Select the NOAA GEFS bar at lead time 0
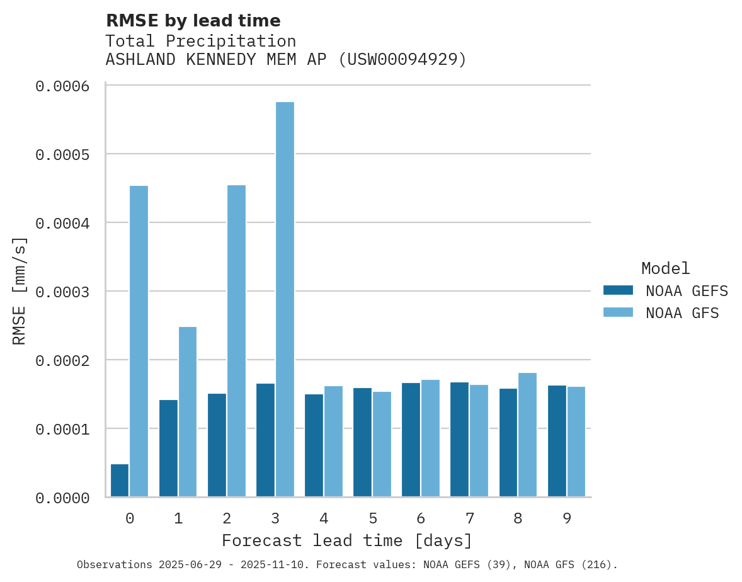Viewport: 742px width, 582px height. click(x=120, y=481)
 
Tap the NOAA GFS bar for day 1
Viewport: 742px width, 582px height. click(x=188, y=412)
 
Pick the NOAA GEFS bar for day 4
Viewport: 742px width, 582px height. click(x=314, y=445)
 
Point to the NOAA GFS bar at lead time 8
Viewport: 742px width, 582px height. click(x=528, y=435)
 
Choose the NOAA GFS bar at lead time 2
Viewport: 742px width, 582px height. click(x=236, y=341)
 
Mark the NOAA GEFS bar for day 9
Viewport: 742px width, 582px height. click(x=557, y=441)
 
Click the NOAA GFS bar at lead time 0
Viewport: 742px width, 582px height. click(x=139, y=341)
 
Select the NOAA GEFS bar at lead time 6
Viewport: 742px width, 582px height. click(x=411, y=440)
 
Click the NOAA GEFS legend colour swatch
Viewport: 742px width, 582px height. click(x=618, y=290)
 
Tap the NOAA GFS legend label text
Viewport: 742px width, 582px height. click(x=682, y=313)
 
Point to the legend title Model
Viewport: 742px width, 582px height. click(x=666, y=268)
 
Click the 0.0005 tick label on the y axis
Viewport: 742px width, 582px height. click(x=62, y=154)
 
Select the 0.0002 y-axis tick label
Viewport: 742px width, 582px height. click(x=62, y=360)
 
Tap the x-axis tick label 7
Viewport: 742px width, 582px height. click(x=469, y=518)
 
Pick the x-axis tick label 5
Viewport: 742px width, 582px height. click(x=372, y=518)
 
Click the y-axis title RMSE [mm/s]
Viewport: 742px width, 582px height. click(x=20, y=291)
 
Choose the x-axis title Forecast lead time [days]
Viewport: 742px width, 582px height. click(x=347, y=540)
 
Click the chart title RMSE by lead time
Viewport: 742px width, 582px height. click(x=193, y=21)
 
